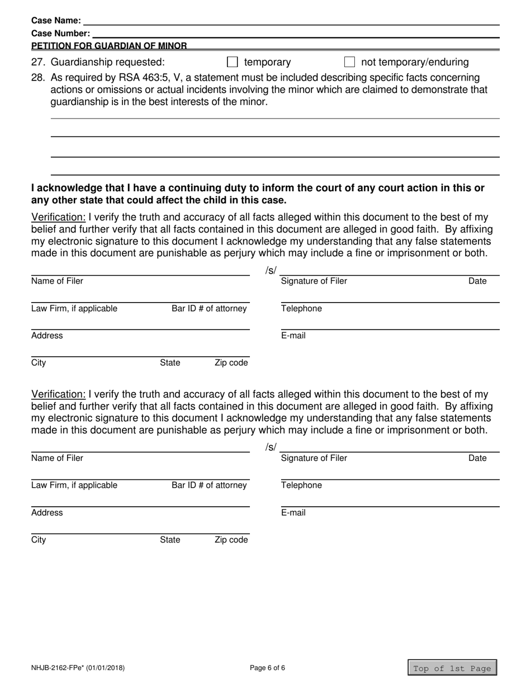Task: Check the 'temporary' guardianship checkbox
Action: [233, 62]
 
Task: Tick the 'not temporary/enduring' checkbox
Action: [350, 62]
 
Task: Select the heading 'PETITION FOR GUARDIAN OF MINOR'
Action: [109, 46]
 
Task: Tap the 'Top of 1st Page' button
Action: [452, 668]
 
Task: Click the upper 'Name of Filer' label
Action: [57, 281]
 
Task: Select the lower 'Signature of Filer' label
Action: [314, 459]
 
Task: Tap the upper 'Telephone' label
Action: [301, 309]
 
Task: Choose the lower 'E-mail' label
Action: [293, 513]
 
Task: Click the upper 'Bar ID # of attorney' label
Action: [209, 309]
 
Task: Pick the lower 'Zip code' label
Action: [231, 540]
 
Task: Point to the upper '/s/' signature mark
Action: [271, 271]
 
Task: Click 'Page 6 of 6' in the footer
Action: [267, 668]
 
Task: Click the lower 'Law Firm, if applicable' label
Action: [74, 486]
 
